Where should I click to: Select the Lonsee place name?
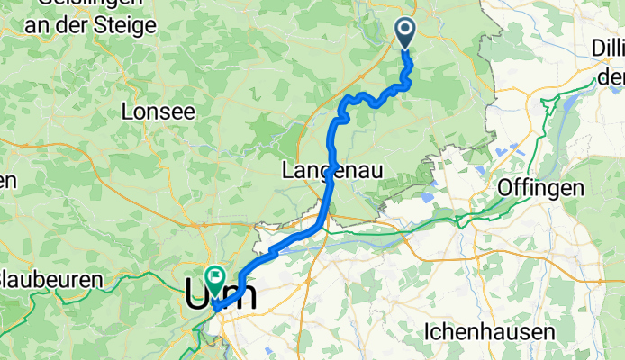pos(158,112)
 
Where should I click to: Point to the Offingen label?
pos(540,188)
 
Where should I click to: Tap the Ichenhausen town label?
pos(489,331)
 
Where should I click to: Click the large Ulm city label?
pos(221,294)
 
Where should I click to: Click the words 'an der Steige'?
pos(90,25)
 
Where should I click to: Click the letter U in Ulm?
pos(197,294)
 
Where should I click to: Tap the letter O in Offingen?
pos(506,188)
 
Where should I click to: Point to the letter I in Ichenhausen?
pos(428,331)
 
